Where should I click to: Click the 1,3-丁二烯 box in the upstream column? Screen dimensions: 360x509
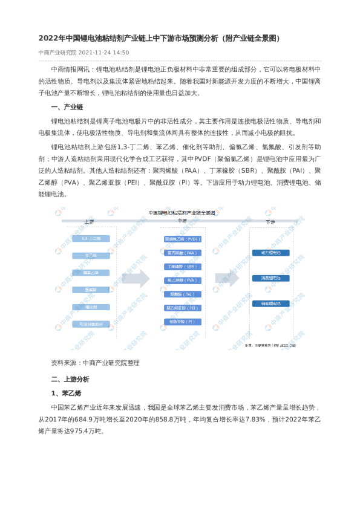pyautogui.click(x=91, y=239)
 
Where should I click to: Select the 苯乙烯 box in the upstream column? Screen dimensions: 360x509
pyautogui.click(x=91, y=256)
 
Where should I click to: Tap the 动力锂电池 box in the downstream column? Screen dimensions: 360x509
pyautogui.click(x=271, y=253)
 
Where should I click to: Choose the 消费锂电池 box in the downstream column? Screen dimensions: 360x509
pyautogui.click(x=271, y=278)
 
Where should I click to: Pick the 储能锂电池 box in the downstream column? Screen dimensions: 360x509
pyautogui.click(x=271, y=303)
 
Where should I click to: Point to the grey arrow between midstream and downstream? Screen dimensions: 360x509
pyautogui.click(x=228, y=279)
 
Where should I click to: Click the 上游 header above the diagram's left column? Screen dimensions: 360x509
pyautogui.click(x=90, y=222)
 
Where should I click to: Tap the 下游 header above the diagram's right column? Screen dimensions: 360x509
pyautogui.click(x=270, y=222)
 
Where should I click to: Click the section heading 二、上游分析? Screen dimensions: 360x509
pyautogui.click(x=70, y=379)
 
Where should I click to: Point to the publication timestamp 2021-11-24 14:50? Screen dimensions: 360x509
pyautogui.click(x=103, y=53)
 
